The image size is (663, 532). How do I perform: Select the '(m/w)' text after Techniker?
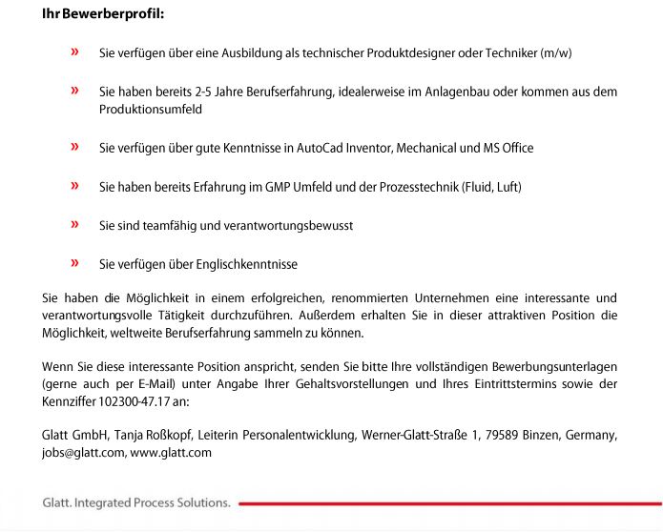coord(555,53)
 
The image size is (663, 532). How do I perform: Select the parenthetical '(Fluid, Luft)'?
coord(491,187)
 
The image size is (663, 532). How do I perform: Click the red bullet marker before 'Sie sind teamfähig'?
coord(74,225)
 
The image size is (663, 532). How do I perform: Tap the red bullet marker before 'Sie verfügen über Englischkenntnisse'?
coord(74,263)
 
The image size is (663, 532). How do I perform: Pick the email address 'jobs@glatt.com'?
coord(83,453)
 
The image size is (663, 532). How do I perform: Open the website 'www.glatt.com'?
coord(171,453)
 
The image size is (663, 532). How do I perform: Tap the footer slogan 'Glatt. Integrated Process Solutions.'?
coord(136,502)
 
